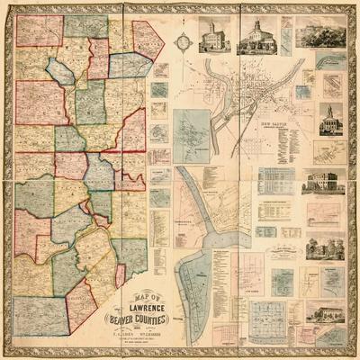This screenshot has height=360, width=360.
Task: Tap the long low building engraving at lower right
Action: coord(324,312)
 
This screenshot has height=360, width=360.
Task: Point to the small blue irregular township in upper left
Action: coord(61,70)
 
